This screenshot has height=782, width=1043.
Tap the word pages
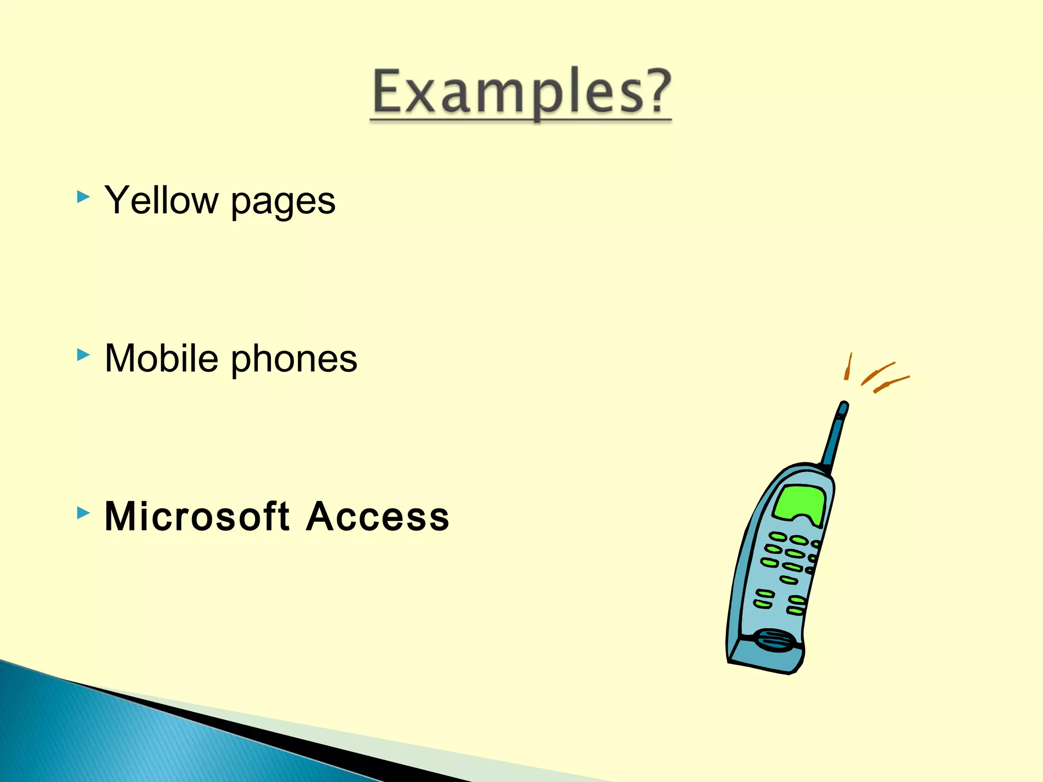click(x=283, y=203)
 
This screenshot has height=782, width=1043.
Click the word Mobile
click(x=161, y=358)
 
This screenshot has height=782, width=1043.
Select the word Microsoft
click(x=197, y=516)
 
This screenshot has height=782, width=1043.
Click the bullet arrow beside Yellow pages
click(x=83, y=197)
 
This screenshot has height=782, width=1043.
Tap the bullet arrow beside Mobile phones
click(x=83, y=355)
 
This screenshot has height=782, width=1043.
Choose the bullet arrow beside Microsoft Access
click(x=83, y=513)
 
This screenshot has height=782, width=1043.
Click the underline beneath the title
click(x=520, y=120)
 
